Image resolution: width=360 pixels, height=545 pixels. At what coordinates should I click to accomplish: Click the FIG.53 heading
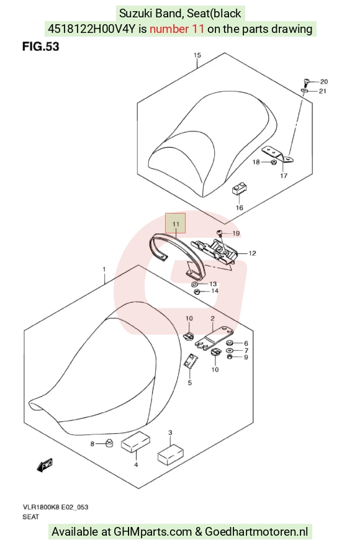[41, 46]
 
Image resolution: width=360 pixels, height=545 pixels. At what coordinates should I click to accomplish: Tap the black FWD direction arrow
[45, 465]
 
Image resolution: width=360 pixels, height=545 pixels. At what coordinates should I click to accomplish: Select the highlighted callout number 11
[176, 224]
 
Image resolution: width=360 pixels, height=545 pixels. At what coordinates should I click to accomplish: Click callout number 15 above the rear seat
[197, 55]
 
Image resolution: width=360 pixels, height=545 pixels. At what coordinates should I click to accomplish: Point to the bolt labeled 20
[306, 83]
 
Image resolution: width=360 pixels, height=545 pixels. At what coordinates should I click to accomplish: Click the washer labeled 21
[304, 91]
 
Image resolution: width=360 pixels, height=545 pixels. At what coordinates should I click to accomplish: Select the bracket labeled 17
[278, 154]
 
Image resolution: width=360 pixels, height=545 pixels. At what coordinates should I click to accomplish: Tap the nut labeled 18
[273, 161]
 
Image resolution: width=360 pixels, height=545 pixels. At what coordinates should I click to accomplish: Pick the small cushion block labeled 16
[240, 188]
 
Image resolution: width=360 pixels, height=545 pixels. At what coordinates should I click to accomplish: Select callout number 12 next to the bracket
[252, 253]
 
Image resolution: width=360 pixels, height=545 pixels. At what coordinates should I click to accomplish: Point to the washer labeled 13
[194, 284]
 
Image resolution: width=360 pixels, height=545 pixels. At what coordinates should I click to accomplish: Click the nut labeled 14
[196, 291]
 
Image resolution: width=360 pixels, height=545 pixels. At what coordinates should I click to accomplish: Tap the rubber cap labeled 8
[109, 443]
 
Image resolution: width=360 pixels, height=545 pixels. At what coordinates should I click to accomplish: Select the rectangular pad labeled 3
[171, 454]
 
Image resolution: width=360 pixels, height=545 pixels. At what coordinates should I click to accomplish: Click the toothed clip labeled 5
[190, 362]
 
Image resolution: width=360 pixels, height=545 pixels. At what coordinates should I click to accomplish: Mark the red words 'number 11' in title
[177, 29]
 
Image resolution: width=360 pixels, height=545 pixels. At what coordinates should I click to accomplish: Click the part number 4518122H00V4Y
[91, 29]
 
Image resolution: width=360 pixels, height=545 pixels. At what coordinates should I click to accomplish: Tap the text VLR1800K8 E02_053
[55, 507]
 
